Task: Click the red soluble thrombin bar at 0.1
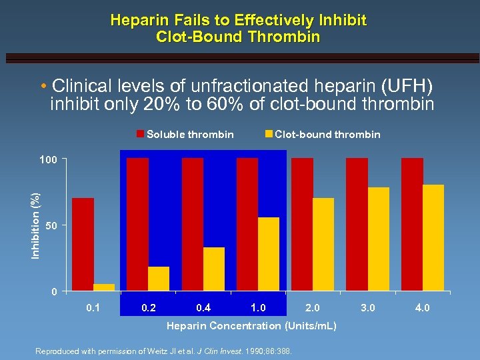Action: tap(83, 244)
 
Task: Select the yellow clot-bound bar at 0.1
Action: tap(104, 287)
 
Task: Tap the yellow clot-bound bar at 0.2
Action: tap(159, 279)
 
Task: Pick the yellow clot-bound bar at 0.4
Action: tap(214, 269)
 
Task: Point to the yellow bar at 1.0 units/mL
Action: tap(269, 254)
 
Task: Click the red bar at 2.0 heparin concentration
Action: tap(302, 224)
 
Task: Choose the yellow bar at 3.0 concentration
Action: tap(379, 239)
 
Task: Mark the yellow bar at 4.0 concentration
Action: tap(433, 237)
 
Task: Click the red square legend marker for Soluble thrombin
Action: tap(141, 134)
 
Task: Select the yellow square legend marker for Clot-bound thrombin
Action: tap(269, 134)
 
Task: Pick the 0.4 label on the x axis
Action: tap(203, 308)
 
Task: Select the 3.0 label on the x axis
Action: tap(367, 308)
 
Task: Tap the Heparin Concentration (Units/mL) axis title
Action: tap(251, 326)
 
